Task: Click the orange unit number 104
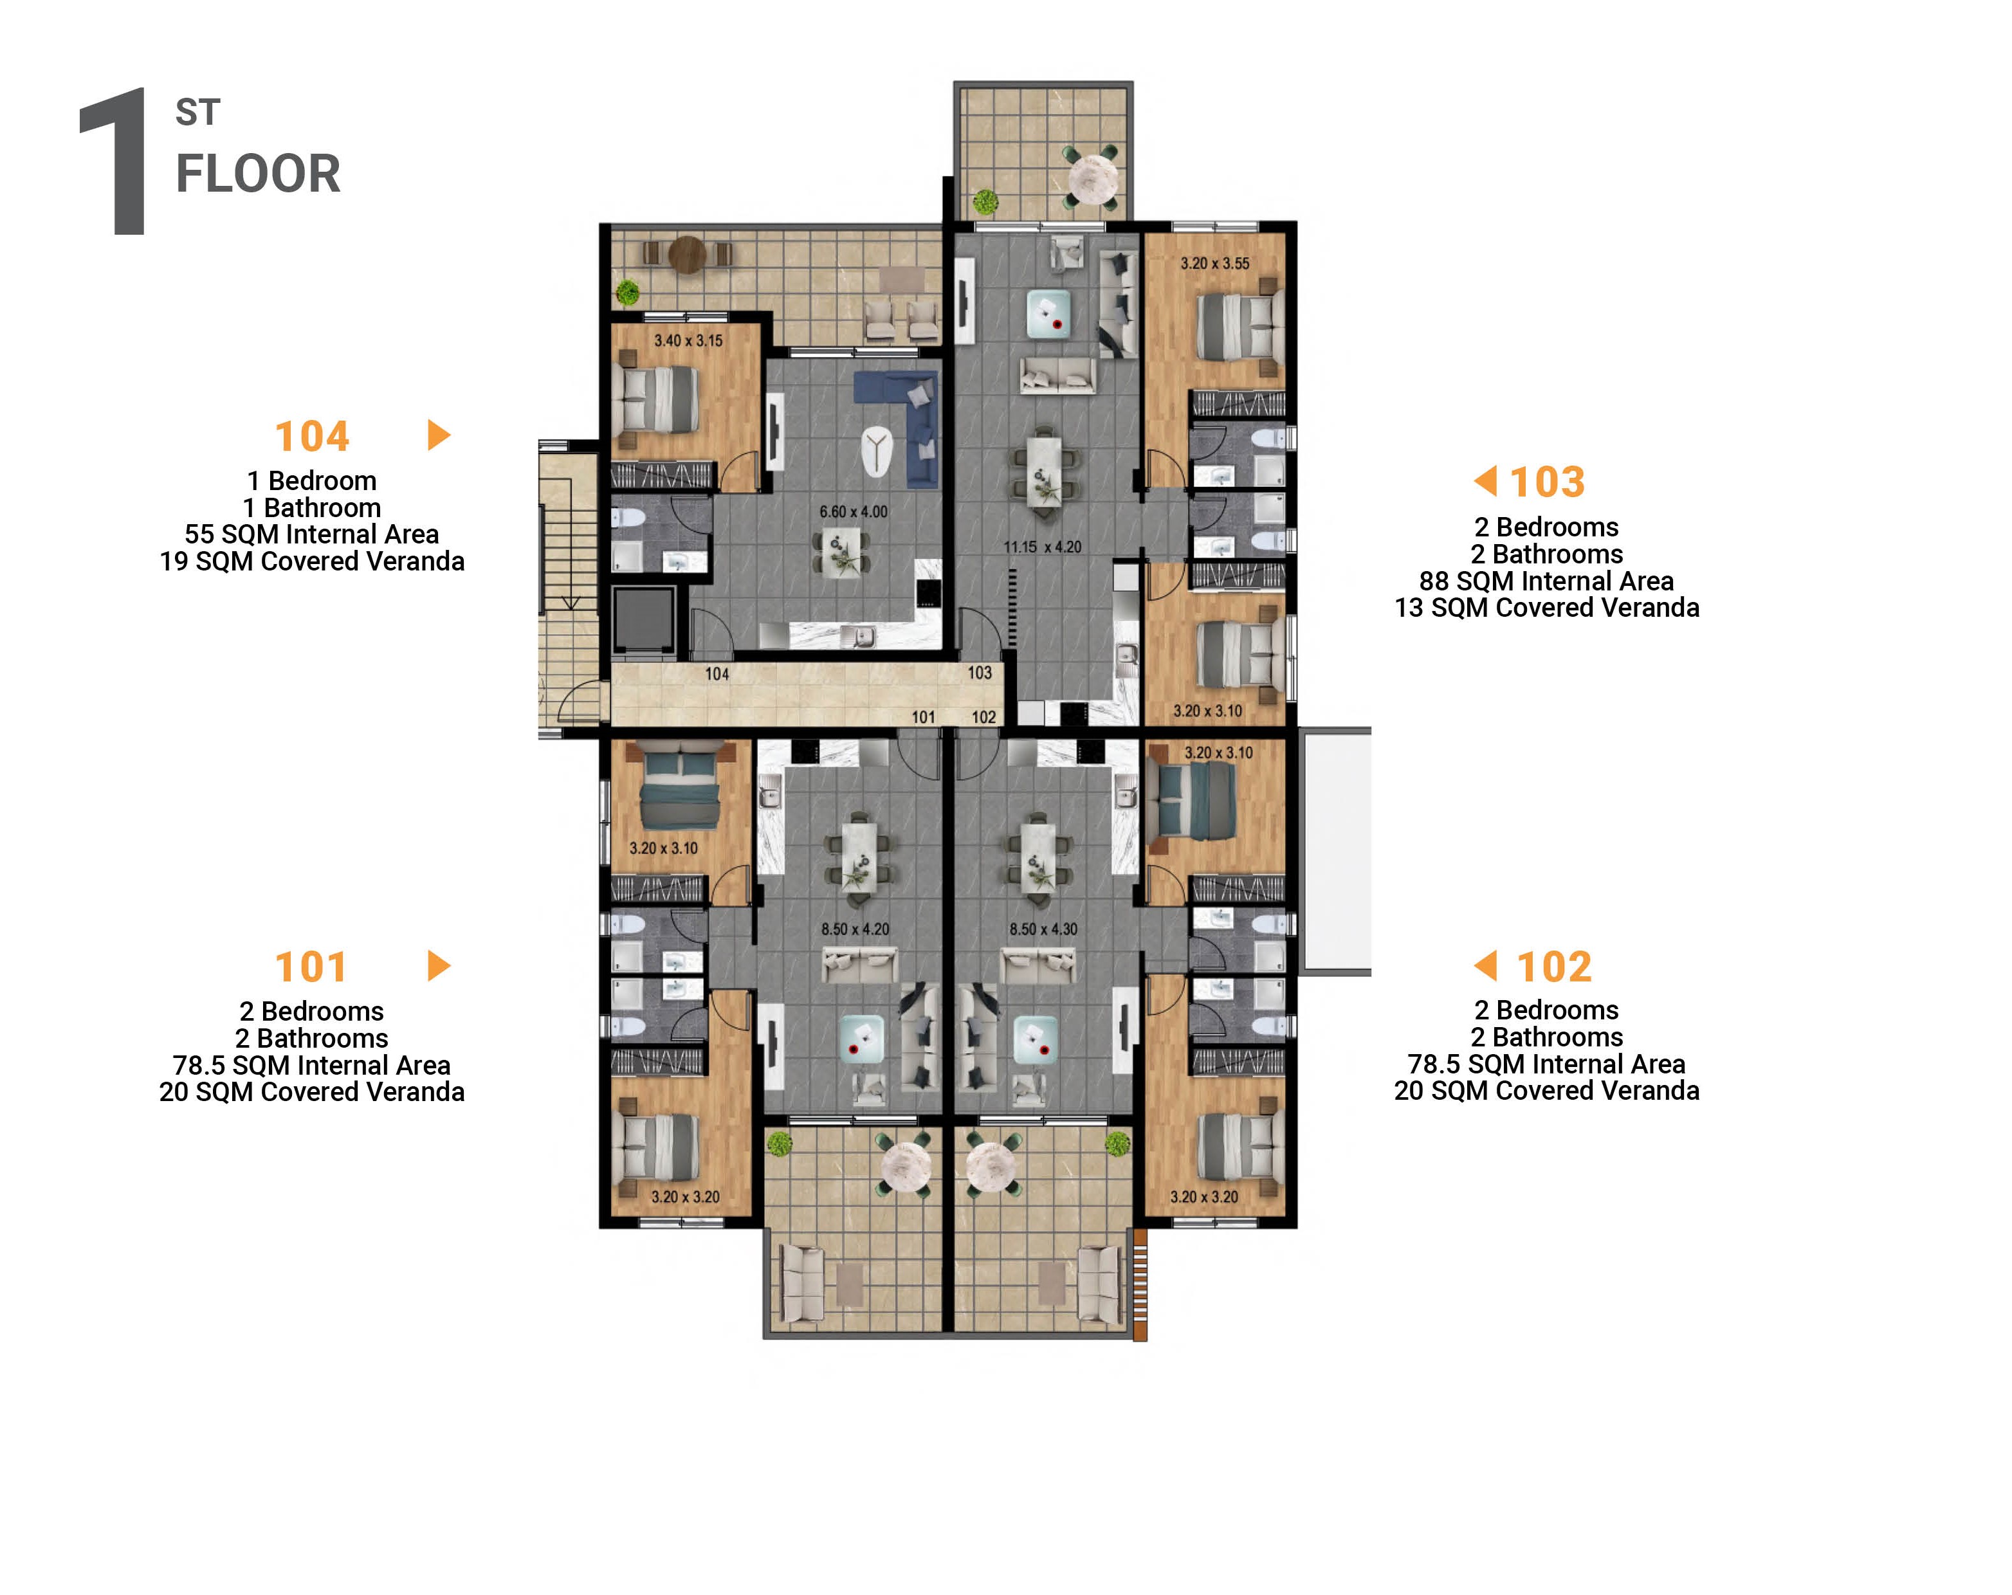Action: [312, 436]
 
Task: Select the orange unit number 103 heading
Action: [1546, 482]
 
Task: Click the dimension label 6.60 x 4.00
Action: [853, 511]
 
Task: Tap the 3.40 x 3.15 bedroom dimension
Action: [688, 341]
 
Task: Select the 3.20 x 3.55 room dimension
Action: [1214, 263]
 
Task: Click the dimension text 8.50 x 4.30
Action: [1043, 929]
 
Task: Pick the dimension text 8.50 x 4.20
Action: [854, 929]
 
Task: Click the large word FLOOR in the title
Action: [259, 174]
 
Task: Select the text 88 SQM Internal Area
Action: [1546, 581]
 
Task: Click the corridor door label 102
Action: [983, 716]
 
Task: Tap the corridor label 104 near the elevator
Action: [717, 674]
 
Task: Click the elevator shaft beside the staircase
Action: [644, 620]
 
